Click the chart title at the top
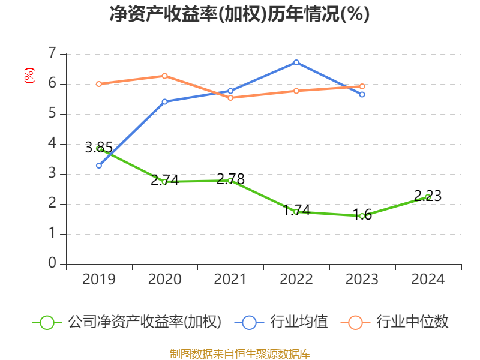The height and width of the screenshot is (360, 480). click(239, 14)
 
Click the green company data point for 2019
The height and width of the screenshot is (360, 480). click(99, 148)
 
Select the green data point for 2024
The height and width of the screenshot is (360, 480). click(428, 197)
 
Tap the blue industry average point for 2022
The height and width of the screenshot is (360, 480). click(296, 62)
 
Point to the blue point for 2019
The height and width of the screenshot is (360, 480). click(99, 166)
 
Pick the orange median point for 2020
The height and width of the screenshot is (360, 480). click(165, 76)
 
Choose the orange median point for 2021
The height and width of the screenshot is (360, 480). click(230, 97)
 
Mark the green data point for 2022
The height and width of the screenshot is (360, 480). click(296, 212)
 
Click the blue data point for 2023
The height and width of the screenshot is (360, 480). click(362, 94)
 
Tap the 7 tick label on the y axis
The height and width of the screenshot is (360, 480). click(52, 54)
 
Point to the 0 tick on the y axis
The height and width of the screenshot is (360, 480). click(52, 264)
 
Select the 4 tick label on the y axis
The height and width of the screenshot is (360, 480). click(52, 144)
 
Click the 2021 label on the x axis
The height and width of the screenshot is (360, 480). click(230, 280)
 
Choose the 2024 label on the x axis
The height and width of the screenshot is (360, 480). click(428, 280)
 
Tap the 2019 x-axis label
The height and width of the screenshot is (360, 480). click(99, 280)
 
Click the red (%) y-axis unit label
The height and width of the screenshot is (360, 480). click(29, 76)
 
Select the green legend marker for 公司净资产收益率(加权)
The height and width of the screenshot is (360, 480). click(47, 322)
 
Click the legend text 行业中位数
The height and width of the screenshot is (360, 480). click(412, 322)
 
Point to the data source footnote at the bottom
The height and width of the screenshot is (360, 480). click(239, 353)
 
